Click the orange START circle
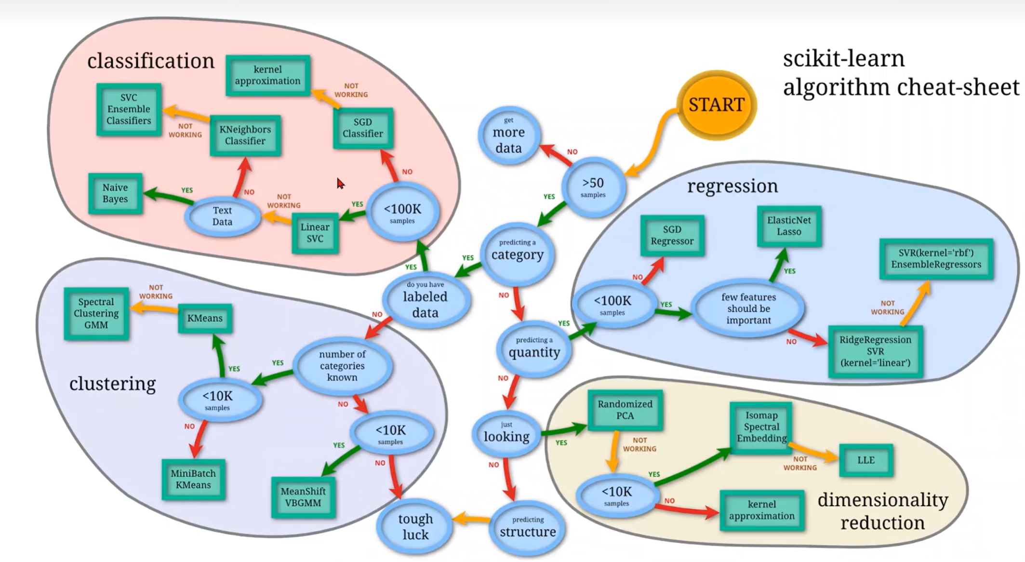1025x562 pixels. click(717, 105)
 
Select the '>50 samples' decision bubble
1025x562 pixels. click(593, 187)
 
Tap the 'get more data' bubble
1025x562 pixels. click(509, 135)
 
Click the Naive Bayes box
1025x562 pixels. click(115, 193)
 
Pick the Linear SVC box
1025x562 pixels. click(315, 233)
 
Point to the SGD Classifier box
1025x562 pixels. click(363, 128)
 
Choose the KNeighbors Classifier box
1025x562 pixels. click(245, 135)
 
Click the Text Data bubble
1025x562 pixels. click(222, 216)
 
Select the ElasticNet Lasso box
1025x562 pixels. click(789, 226)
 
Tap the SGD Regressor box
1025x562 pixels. click(672, 235)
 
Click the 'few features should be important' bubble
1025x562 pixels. click(748, 308)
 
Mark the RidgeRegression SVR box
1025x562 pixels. click(875, 351)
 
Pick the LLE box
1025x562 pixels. click(866, 460)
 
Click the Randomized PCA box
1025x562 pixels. click(625, 410)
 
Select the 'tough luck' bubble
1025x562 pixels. click(415, 526)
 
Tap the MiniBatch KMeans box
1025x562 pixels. click(193, 479)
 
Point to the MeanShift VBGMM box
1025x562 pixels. click(303, 497)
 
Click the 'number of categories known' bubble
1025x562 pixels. click(342, 366)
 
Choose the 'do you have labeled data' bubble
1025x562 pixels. click(426, 300)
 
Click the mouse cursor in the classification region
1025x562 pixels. click(341, 184)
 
